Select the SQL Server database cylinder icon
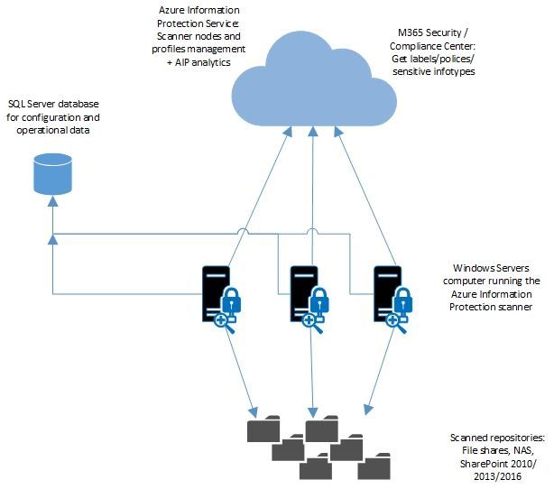[x=51, y=172]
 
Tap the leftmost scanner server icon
[x=215, y=293]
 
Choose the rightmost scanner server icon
[x=388, y=293]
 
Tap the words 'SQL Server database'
[x=55, y=105]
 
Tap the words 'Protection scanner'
[x=491, y=308]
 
